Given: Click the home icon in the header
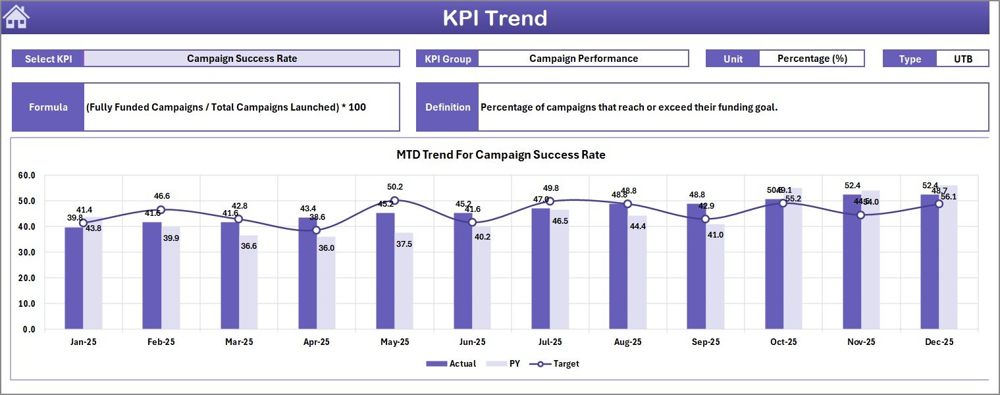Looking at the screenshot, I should (16, 17).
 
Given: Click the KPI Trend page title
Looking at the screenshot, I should (494, 18).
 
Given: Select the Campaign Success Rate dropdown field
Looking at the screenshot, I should (242, 59).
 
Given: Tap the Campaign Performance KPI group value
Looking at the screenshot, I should (583, 59).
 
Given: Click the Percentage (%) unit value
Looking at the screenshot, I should (812, 59).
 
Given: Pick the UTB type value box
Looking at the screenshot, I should (962, 59).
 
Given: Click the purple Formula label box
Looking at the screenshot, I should (48, 107).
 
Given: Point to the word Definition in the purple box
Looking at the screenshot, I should (448, 107).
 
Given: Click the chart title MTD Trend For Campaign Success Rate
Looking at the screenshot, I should (500, 155).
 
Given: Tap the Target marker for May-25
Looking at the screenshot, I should (394, 200).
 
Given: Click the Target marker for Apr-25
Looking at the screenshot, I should (317, 230).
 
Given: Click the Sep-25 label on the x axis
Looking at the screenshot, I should (705, 342).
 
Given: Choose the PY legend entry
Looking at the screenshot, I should (506, 363).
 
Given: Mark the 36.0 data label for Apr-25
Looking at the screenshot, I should (327, 248).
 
